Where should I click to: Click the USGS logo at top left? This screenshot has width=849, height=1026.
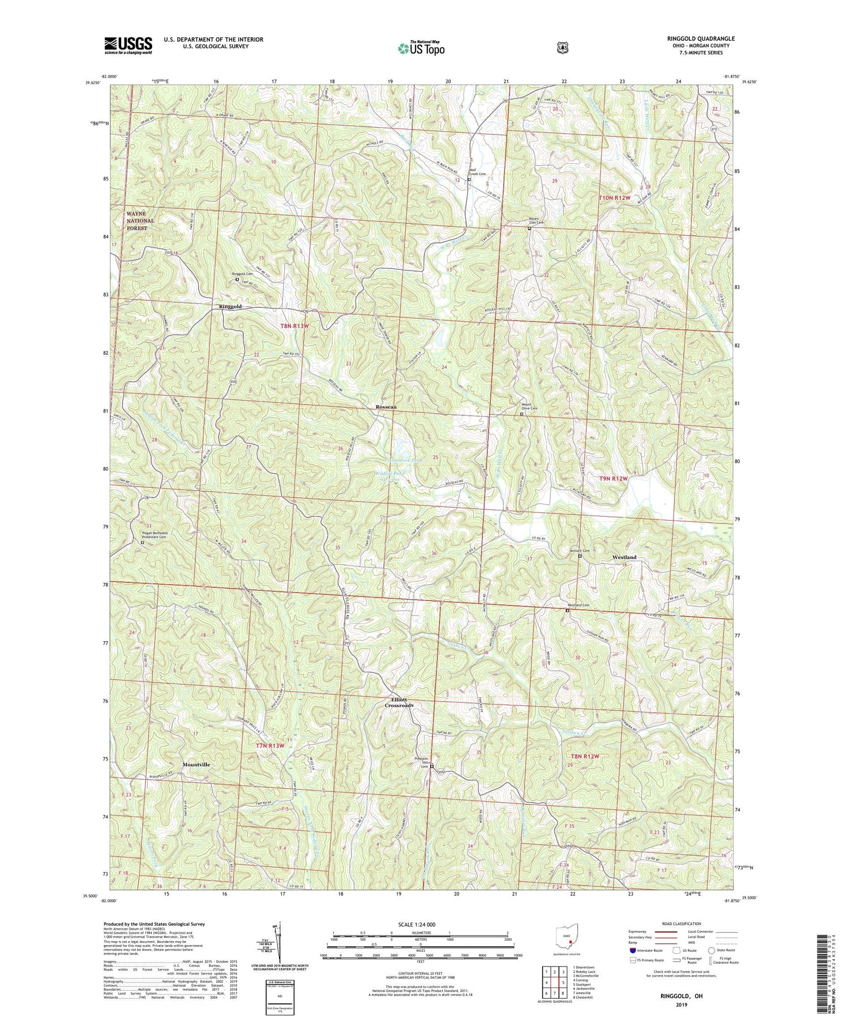(x=128, y=45)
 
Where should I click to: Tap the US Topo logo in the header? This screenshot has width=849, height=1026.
(x=421, y=48)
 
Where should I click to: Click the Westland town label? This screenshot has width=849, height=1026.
(x=624, y=557)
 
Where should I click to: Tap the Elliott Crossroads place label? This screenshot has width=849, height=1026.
(x=399, y=702)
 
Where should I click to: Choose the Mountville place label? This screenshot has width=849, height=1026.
(x=196, y=765)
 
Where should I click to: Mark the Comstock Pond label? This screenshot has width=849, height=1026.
(x=405, y=460)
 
